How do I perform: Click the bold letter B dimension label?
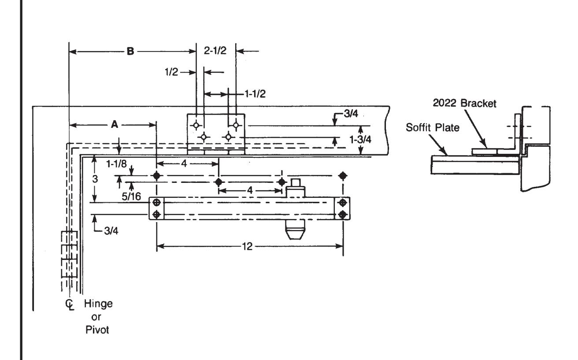(x=130, y=52)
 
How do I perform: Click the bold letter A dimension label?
(x=114, y=125)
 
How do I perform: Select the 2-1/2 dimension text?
(x=215, y=51)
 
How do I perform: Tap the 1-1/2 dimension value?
(x=255, y=94)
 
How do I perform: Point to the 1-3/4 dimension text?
(x=360, y=140)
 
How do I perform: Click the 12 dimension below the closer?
(x=247, y=246)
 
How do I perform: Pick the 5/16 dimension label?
(x=131, y=197)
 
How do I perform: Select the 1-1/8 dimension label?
(x=116, y=163)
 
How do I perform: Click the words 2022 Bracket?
(x=464, y=103)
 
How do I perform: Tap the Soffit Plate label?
(x=433, y=127)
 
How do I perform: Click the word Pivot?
(x=97, y=330)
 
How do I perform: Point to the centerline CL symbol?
(x=70, y=304)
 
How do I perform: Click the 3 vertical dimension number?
(x=95, y=179)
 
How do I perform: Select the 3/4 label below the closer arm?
(x=111, y=231)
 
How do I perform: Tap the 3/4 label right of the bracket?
(x=351, y=114)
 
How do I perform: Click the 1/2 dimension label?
(x=171, y=72)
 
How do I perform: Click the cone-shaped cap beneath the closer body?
(x=295, y=230)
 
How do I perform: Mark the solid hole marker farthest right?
(x=343, y=176)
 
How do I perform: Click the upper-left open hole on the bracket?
(x=196, y=126)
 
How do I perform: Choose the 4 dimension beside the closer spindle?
(x=250, y=190)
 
